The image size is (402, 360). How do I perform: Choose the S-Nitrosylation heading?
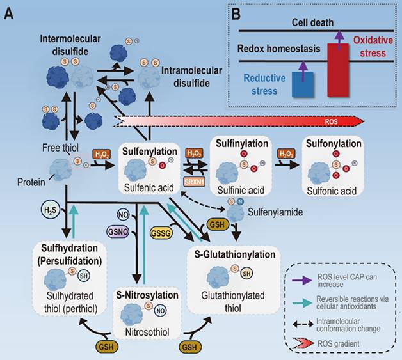pos(138,296)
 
